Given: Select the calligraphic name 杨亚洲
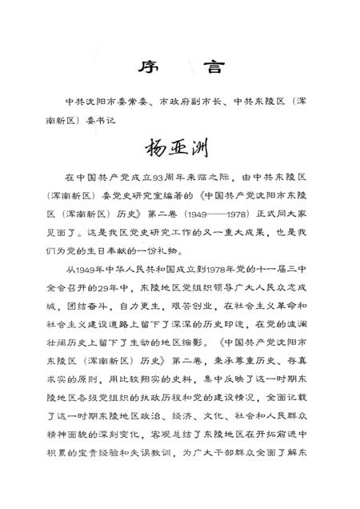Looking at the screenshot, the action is [x=181, y=150].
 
